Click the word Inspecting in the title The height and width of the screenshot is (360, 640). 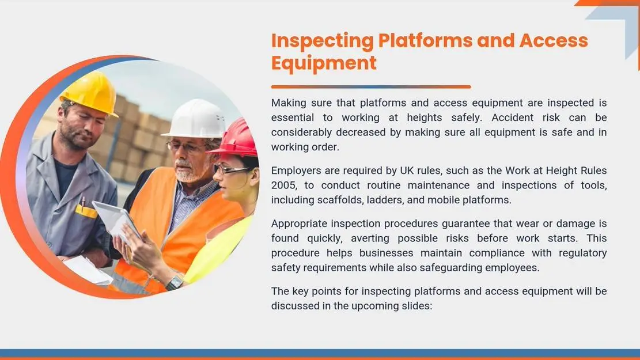click(x=323, y=41)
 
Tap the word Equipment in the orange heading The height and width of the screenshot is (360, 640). click(x=324, y=63)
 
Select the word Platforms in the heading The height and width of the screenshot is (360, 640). click(x=425, y=40)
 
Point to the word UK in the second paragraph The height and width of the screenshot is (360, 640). click(x=407, y=170)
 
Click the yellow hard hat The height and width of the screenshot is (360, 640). click(x=90, y=93)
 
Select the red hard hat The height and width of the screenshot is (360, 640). click(x=236, y=139)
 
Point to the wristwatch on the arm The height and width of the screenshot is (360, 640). click(x=175, y=282)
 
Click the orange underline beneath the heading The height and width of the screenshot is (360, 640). click(x=371, y=86)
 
